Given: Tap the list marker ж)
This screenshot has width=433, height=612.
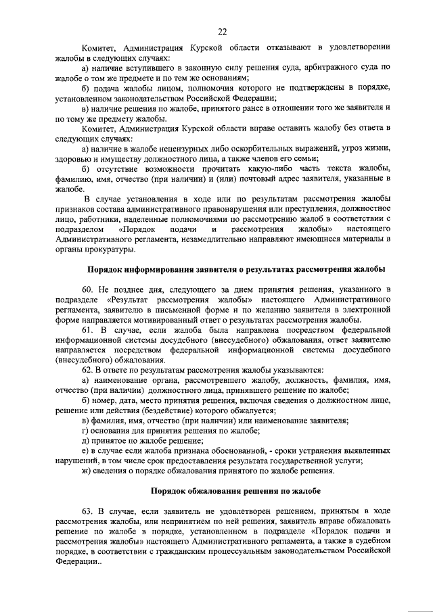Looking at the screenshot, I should (x=85, y=470).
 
